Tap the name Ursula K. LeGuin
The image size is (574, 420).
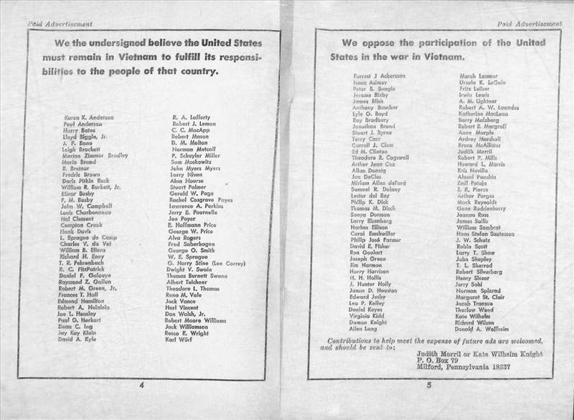point(485,82)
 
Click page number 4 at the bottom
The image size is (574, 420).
point(142,386)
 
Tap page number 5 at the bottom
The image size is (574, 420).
point(428,386)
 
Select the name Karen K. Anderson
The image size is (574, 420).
point(89,116)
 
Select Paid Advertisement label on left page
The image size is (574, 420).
point(60,24)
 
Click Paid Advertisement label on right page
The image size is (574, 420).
point(529,24)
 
